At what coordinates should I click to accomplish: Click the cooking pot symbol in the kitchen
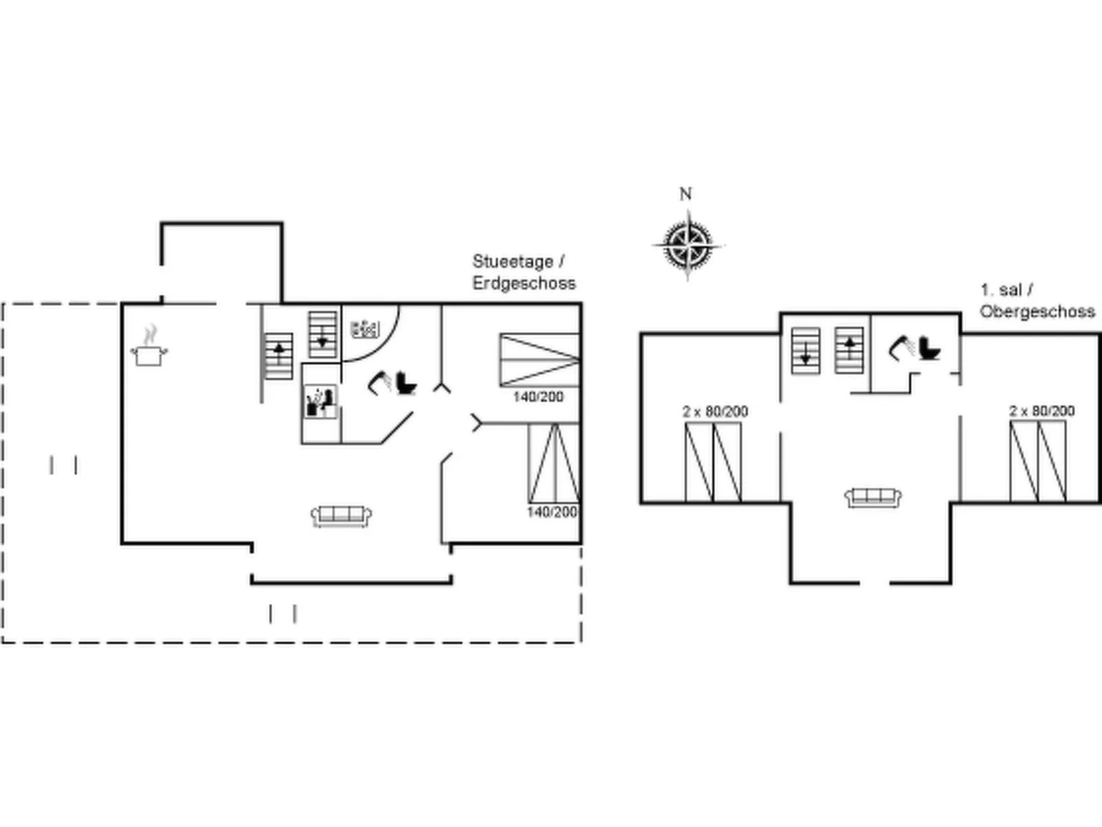coord(149,353)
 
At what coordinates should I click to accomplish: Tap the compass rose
coord(687,244)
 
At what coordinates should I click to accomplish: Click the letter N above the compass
coord(685,194)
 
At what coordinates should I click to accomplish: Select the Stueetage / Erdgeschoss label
coord(523,272)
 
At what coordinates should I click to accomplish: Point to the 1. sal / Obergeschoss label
coord(1036,301)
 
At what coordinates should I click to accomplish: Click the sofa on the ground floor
coord(341,515)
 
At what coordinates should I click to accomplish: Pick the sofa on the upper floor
coord(873,497)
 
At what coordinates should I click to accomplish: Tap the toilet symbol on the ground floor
coord(405,382)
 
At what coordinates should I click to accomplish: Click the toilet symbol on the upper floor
coord(928,348)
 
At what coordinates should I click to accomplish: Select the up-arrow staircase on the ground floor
coord(279,356)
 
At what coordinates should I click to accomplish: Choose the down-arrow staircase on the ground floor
coord(323,334)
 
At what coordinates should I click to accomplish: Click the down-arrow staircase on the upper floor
coord(806,351)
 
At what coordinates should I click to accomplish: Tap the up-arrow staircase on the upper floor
coord(849,350)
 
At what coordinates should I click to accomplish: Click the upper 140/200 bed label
coord(538,397)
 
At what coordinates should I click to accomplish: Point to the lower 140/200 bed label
coord(552,512)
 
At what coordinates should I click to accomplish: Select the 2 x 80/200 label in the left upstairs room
coord(715,411)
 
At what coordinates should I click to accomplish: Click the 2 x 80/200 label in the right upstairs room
coord(1042,410)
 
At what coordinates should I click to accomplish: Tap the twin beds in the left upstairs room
coord(713,462)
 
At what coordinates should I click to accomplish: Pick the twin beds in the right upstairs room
coord(1037,461)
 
